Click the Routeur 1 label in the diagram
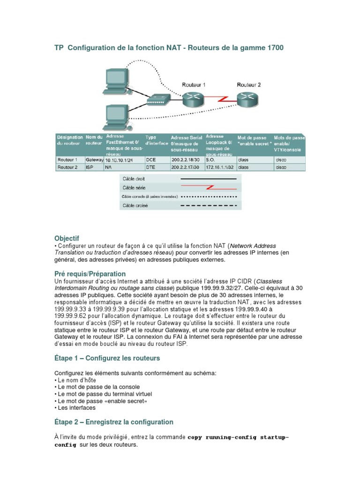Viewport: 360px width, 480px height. point(194,85)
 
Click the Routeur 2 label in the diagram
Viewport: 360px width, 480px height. point(249,85)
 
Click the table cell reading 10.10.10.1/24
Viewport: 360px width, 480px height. point(119,160)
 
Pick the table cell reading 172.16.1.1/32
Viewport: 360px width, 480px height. point(218,167)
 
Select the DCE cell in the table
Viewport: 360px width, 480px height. point(151,160)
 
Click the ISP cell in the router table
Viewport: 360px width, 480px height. point(90,167)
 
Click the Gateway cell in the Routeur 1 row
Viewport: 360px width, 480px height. point(94,160)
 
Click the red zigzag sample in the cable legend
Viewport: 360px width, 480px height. point(212,187)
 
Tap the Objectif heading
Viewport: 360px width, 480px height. point(67,239)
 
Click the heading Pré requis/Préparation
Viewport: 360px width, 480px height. point(90,273)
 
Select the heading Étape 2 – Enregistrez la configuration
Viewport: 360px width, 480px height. point(114,422)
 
